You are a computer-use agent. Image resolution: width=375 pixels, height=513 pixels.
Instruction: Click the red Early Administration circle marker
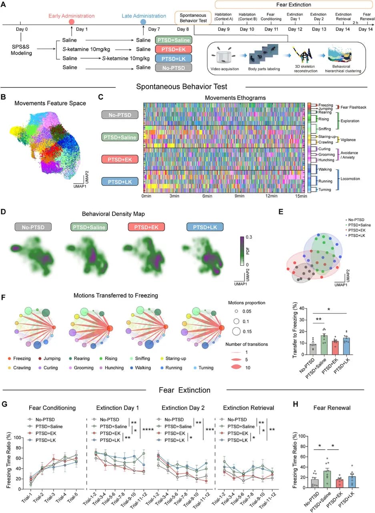[72, 22]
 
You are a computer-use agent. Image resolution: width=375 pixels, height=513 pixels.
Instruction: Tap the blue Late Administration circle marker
[143, 22]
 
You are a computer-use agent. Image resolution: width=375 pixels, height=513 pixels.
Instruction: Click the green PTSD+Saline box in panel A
[173, 40]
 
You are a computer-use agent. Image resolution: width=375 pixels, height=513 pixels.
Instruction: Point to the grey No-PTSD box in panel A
[173, 67]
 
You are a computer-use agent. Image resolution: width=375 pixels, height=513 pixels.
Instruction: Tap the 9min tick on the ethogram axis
[239, 196]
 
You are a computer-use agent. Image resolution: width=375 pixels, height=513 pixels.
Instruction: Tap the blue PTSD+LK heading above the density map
[205, 227]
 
